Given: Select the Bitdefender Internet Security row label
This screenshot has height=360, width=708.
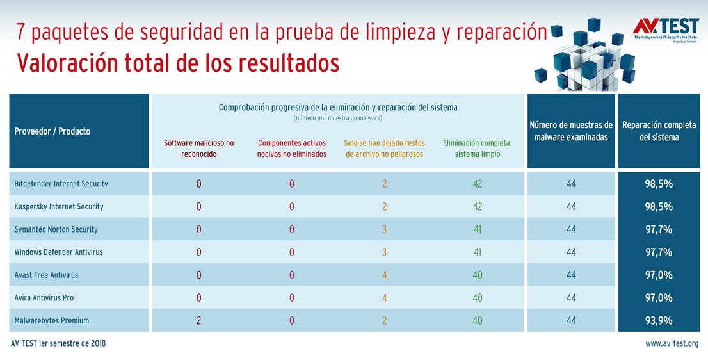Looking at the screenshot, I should click(61, 184).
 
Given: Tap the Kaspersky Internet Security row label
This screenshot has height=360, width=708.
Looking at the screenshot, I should click(59, 207).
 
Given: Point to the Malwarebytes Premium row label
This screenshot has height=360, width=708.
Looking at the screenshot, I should click(52, 320).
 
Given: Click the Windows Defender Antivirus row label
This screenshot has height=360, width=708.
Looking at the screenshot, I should click(58, 252).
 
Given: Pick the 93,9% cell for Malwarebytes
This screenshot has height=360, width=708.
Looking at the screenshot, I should click(659, 320).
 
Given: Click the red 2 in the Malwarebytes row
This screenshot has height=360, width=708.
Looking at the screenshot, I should click(198, 320).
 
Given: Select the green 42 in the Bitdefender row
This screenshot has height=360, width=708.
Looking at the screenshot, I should click(477, 184).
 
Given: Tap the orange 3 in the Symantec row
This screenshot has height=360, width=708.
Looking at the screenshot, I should click(385, 229).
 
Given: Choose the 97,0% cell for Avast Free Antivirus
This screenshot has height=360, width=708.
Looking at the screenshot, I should click(659, 275).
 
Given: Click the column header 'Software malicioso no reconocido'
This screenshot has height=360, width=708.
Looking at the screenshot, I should click(199, 149).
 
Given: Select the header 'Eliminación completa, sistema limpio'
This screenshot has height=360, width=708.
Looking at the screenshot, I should click(477, 149).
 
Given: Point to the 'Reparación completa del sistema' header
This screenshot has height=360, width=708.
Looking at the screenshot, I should click(659, 131).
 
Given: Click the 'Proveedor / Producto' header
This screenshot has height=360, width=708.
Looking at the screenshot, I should click(52, 131).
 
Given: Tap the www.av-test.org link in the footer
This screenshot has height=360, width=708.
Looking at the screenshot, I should click(672, 344).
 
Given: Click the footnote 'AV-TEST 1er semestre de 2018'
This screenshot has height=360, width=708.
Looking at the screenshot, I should click(58, 344).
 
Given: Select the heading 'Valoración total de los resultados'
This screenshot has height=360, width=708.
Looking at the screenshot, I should click(178, 63).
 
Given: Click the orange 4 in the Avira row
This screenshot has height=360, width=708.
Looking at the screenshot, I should click(385, 298).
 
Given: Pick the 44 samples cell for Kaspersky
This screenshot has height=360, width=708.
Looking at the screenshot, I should click(571, 207).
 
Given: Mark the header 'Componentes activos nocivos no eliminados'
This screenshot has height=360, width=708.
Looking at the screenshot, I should click(291, 149).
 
